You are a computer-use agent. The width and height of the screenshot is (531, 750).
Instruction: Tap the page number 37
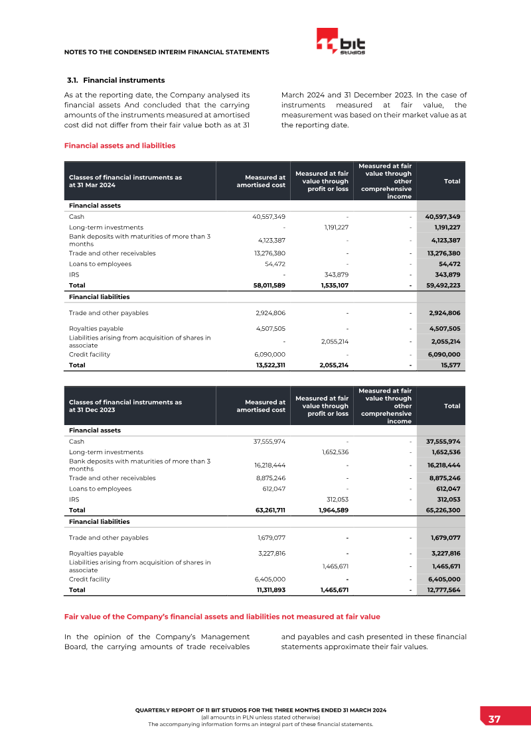point(494,719)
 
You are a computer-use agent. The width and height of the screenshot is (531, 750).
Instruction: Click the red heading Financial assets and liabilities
point(119,146)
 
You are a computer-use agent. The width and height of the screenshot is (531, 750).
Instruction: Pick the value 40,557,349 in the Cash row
point(269,217)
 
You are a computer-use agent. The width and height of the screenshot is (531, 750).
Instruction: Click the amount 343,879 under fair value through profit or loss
point(335,275)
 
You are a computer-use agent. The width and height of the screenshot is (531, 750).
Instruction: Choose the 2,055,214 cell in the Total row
point(330,365)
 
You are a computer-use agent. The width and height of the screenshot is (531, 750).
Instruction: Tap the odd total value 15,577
point(450,365)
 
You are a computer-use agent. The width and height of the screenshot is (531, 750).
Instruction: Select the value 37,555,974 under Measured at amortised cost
point(269,442)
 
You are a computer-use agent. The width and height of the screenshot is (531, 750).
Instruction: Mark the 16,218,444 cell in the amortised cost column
point(269,466)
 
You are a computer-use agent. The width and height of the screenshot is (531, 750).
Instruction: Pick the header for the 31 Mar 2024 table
point(125,181)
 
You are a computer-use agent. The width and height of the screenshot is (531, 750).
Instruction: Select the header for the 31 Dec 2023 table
point(125,406)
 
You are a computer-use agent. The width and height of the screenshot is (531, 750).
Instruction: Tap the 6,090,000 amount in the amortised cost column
point(270,354)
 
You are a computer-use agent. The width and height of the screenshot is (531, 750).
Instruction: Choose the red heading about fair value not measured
point(222,617)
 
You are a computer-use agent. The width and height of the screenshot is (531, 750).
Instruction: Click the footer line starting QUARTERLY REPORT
point(260,710)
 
